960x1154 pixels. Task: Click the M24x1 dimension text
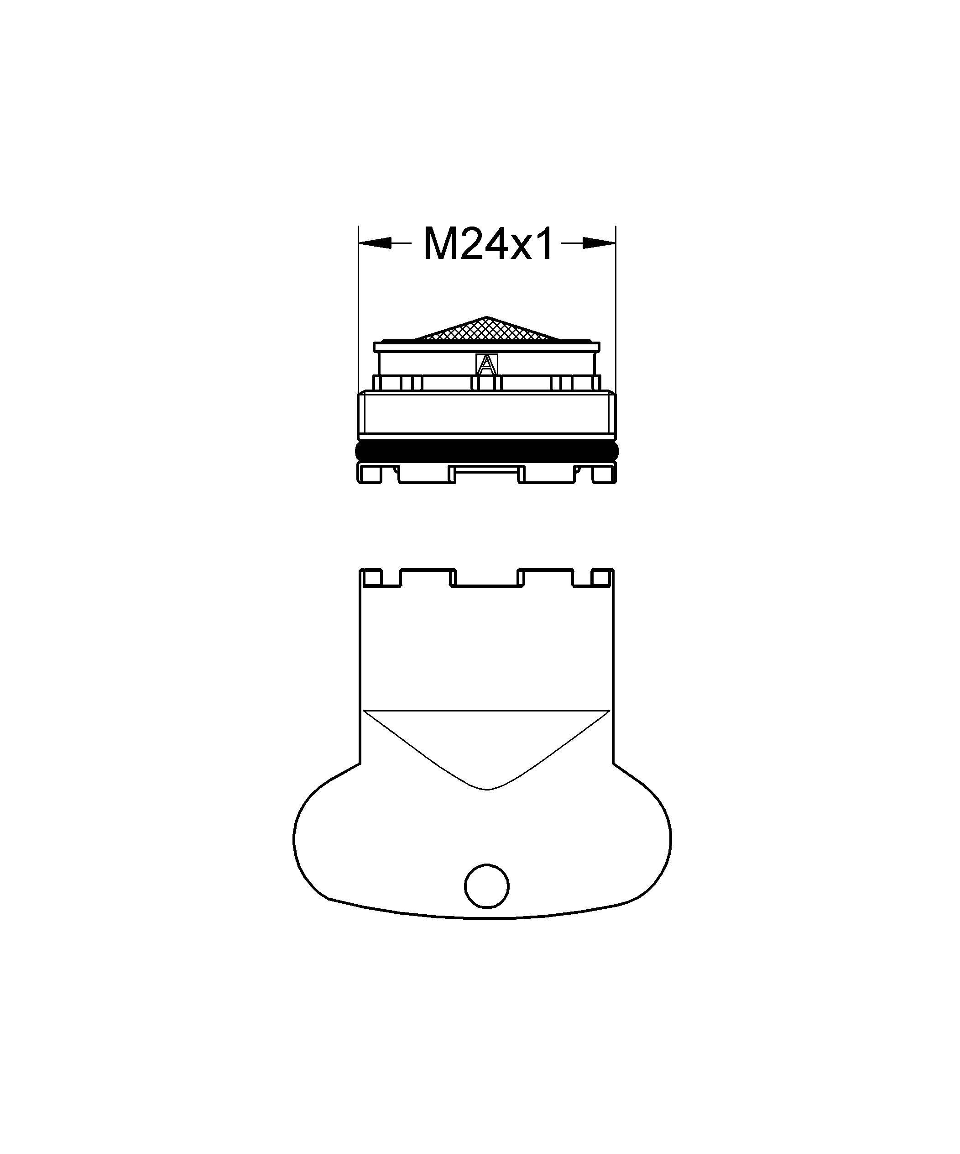[x=488, y=244]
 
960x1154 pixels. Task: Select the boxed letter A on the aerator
[x=486, y=365]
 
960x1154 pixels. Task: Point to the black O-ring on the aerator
[x=486, y=452]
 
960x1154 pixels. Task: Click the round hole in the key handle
[x=486, y=902]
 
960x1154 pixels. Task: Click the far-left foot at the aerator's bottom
[x=370, y=473]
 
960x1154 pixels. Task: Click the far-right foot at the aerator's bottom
[x=604, y=473]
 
